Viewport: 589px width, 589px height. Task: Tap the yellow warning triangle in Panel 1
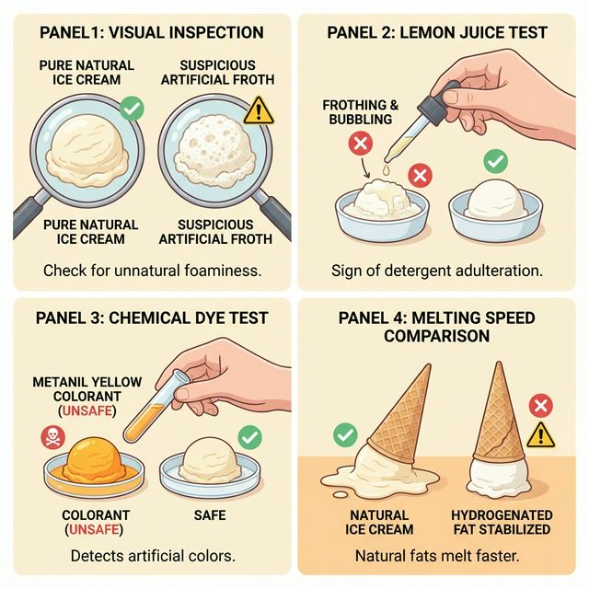(260, 110)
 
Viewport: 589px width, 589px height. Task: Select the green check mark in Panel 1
(133, 110)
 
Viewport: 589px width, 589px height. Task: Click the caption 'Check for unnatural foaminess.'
(152, 271)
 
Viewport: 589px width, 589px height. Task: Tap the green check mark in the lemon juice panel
(495, 162)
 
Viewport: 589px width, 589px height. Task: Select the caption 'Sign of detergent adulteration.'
(437, 271)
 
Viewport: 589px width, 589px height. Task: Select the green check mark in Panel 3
(248, 436)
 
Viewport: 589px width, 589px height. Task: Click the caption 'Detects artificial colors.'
(152, 557)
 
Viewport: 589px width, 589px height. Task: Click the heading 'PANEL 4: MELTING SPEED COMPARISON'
(437, 327)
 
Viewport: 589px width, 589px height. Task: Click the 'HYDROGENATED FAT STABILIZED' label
(502, 522)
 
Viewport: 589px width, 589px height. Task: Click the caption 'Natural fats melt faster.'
(437, 557)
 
